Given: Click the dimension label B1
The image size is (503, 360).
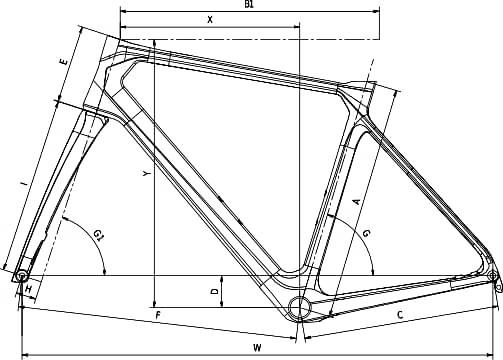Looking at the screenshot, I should click(x=249, y=5).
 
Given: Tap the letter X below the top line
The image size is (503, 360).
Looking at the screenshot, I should click(x=209, y=19).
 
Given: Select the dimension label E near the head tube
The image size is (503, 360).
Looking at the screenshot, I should click(x=64, y=63).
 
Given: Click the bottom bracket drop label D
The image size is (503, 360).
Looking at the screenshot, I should click(x=214, y=291).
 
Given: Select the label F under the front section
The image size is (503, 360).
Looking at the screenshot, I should click(x=157, y=316).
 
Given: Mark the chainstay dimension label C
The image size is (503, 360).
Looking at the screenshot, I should click(x=399, y=316).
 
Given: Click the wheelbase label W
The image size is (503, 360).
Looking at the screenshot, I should click(x=257, y=347).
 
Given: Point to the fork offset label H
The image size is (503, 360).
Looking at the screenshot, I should click(x=29, y=290).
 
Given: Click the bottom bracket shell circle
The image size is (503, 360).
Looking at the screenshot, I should click(x=298, y=306).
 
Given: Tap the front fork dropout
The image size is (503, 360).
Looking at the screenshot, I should click(x=21, y=275).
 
